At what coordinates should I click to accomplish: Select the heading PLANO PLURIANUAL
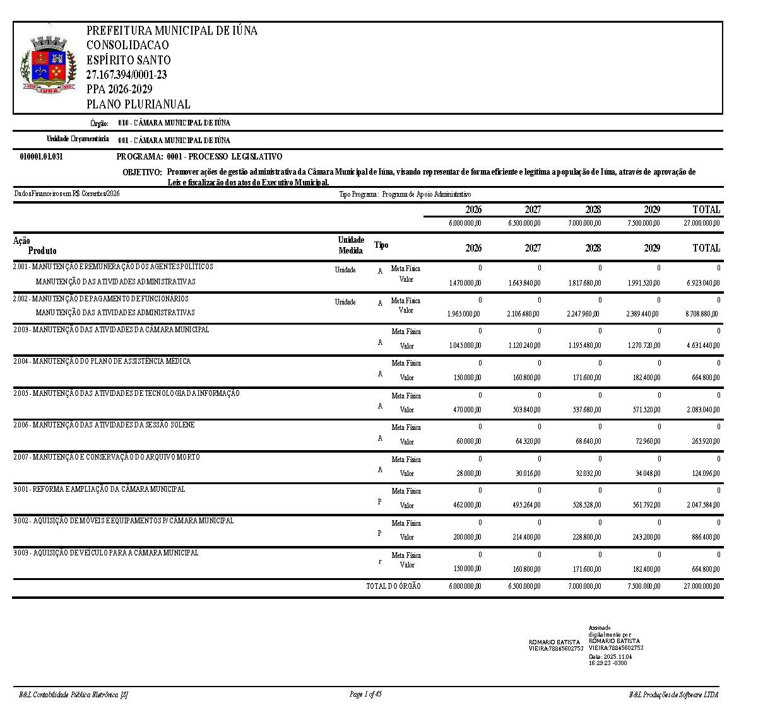point(138,105)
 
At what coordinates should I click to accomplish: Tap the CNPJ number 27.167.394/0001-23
point(126,75)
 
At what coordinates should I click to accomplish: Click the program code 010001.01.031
point(42,157)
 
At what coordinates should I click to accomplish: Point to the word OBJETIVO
point(142,172)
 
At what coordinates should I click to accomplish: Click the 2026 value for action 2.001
point(465,283)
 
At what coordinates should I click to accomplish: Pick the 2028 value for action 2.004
point(584,378)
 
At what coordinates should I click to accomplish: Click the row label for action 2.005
point(126,393)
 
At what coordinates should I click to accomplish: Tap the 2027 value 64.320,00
point(527,441)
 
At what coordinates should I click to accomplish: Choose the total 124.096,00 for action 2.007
point(704,473)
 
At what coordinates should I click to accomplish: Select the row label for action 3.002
point(123,521)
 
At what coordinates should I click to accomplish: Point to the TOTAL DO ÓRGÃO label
point(393,586)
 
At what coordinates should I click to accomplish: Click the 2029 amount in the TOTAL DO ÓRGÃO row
point(644,586)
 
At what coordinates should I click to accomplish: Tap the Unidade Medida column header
point(351,245)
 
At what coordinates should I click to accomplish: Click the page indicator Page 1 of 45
point(365,694)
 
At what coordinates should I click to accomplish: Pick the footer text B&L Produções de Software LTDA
point(673,695)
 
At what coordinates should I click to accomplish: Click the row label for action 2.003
point(111,330)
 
